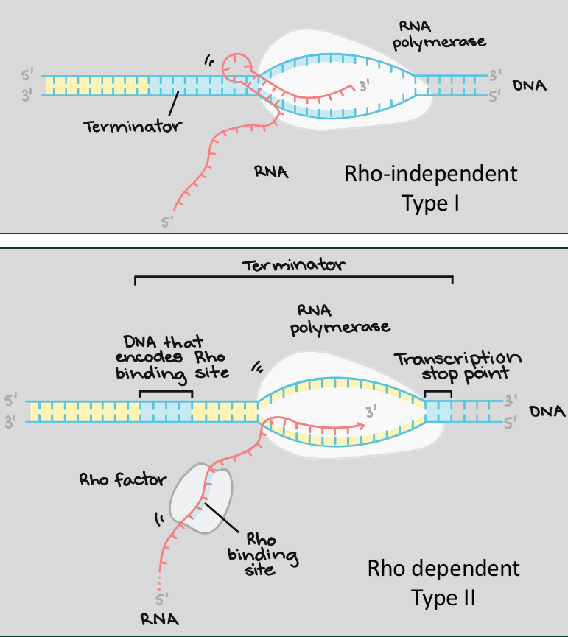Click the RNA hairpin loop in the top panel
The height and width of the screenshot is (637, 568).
coord(239,65)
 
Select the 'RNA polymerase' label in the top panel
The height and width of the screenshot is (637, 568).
coord(438,34)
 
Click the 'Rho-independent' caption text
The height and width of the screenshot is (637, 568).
coord(431,174)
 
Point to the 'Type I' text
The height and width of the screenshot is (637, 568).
coord(431,203)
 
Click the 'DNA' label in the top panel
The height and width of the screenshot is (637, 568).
coord(529,85)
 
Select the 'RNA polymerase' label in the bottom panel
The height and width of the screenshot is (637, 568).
coord(340,317)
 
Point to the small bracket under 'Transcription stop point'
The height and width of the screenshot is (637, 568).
coord(439,395)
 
